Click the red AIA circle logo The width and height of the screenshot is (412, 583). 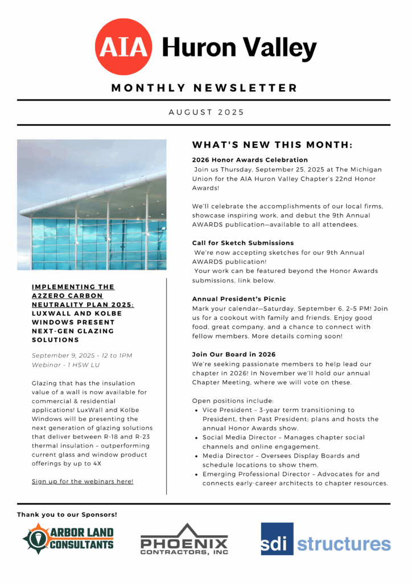124,47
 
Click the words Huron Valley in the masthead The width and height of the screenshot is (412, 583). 239,48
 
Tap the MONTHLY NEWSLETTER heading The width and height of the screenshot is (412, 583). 204,88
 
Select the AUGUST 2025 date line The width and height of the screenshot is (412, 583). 206,112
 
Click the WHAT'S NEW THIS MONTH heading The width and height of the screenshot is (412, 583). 272,145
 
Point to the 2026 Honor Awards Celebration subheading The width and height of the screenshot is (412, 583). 250,160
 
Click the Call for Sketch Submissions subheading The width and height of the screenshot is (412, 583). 243,243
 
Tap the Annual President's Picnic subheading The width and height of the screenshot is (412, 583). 239,299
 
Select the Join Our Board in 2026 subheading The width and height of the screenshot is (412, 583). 234,354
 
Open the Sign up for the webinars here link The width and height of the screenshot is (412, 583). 83,482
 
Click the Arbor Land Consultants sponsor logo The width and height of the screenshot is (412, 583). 68,539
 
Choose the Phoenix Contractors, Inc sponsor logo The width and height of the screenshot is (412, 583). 184,539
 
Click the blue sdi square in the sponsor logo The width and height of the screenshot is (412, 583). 277,539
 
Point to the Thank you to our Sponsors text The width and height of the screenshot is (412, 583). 67,515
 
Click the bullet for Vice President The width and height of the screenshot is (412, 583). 196,410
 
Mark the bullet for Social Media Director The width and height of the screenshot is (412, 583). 196,437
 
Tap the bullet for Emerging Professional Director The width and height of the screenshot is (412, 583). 196,474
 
